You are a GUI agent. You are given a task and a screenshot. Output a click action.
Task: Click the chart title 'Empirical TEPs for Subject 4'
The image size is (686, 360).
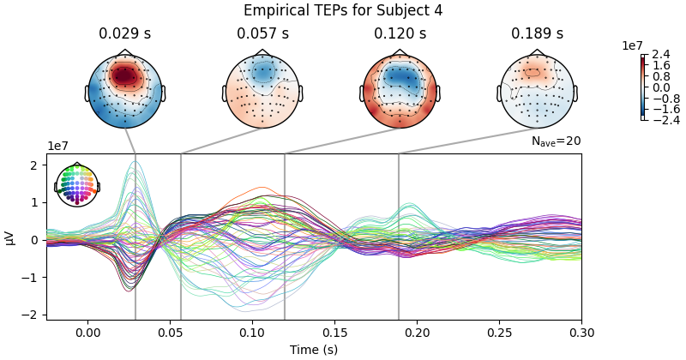tap(343, 10)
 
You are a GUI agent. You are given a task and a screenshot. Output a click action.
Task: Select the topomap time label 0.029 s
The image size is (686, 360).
tap(124, 34)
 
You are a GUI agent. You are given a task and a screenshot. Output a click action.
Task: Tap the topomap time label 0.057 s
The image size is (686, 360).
tap(262, 34)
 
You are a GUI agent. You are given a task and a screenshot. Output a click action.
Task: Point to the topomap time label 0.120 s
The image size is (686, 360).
tap(400, 34)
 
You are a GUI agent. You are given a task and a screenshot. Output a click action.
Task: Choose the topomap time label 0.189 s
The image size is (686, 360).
tap(537, 34)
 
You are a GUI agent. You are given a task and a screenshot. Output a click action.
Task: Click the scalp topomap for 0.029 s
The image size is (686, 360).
tap(124, 91)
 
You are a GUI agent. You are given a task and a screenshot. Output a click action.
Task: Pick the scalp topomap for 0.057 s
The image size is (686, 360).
tap(262, 91)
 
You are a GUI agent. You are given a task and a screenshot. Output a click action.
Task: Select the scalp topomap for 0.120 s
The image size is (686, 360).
tap(400, 91)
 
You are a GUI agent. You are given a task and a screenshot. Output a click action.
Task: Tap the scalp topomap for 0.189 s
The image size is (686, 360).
tap(537, 91)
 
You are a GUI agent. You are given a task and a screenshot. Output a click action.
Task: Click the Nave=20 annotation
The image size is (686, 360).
tap(556, 142)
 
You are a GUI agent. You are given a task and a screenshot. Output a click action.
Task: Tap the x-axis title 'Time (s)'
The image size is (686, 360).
tap(314, 350)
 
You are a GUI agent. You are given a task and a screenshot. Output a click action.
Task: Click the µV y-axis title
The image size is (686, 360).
tap(9, 237)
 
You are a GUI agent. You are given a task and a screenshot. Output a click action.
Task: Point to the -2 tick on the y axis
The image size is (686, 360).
tap(35, 315)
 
